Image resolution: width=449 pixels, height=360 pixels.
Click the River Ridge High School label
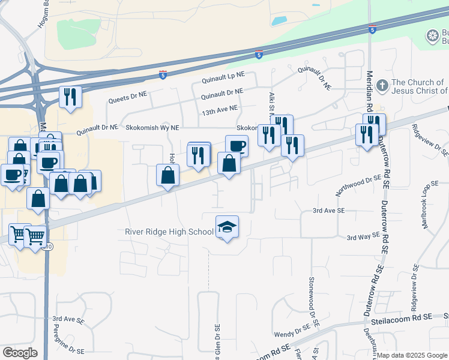[x=169, y=232]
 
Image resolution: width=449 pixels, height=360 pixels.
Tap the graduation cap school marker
[x=227, y=227]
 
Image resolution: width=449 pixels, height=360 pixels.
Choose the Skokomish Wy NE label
[x=152, y=128]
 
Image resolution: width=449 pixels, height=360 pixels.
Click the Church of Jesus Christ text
[x=419, y=86]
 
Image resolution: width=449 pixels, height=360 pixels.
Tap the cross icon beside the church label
[x=382, y=86]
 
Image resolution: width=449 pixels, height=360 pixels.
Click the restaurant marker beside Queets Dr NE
[x=70, y=97]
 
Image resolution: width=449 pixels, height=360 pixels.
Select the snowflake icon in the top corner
[x=432, y=37]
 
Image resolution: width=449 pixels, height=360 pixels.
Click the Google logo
[x=20, y=353]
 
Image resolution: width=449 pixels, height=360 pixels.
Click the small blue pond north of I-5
[x=279, y=21]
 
